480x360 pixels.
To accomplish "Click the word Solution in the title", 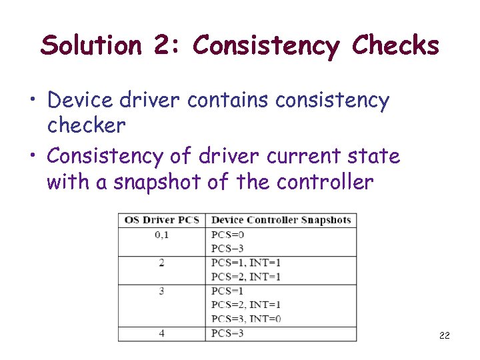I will pos(91,46).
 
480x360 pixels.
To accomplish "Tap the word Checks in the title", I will pos(395,46).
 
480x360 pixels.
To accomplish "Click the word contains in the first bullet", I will pos(228,101).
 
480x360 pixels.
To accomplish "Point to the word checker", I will pos(86,125).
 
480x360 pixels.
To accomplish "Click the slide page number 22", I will pos(444,335).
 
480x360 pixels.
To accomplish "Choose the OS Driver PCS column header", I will pos(162,220).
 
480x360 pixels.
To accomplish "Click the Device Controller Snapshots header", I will pos(281,220).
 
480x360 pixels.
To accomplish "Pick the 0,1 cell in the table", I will pos(162,235).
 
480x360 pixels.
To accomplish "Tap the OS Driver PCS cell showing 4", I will pos(162,333).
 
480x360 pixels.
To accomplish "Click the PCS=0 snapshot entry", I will pos(228,235).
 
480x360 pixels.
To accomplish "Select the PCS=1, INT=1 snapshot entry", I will pos(246,263).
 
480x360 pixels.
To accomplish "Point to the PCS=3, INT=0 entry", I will pos(246,319).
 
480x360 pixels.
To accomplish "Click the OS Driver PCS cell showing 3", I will pos(162,291).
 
